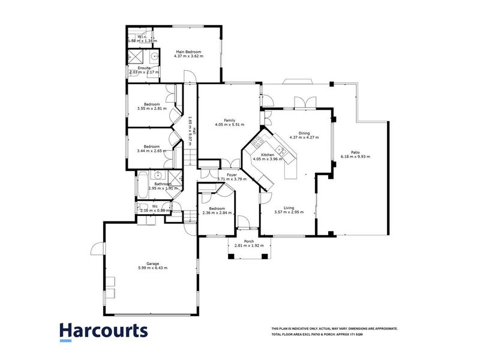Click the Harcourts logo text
103,331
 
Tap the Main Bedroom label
188,52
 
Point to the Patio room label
355,152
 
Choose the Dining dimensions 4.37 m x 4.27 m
304,138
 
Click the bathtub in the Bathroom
142,187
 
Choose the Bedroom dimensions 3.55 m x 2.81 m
151,109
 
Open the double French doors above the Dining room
306,102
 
